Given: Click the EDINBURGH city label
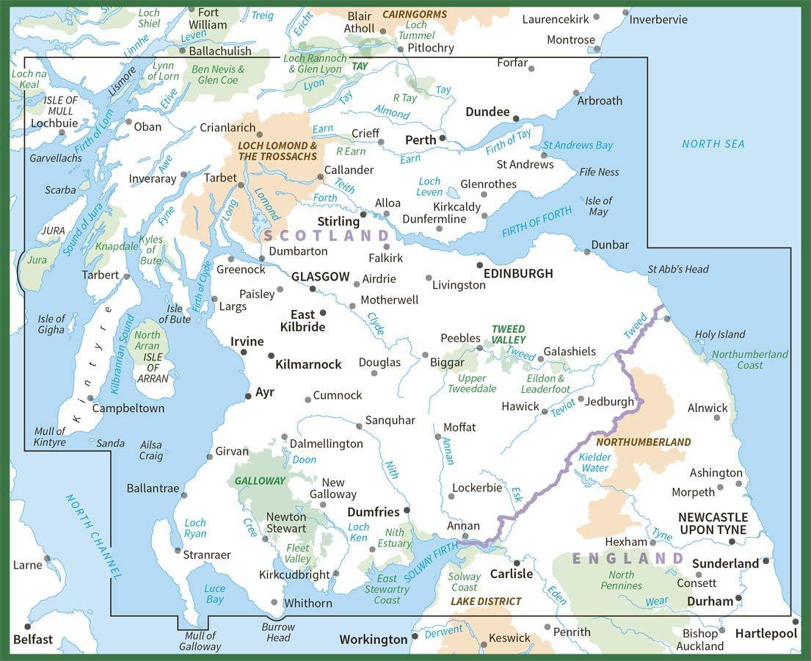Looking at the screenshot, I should click(519, 273).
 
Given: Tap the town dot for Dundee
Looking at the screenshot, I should click(516, 118).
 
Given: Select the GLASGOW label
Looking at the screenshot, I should click(320, 277).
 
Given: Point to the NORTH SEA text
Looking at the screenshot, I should click(713, 144).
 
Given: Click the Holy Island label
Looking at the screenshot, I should click(720, 334).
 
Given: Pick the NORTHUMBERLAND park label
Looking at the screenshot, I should click(644, 442).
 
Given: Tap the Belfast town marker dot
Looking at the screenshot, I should click(28, 626).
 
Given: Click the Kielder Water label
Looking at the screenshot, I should click(594, 462).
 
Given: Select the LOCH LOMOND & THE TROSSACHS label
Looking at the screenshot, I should click(277, 151).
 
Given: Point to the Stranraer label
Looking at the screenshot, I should click(207, 555).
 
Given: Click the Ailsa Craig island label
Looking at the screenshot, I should click(151, 449).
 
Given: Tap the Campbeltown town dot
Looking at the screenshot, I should click(91, 399).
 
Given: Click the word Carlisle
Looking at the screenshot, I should click(511, 574).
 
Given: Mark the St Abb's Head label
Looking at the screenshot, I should click(678, 269).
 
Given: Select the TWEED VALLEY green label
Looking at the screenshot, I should click(509, 334).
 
